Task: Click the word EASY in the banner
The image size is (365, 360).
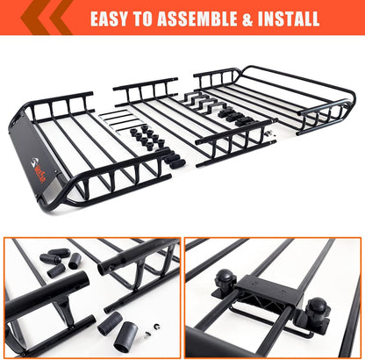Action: point(112,18)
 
